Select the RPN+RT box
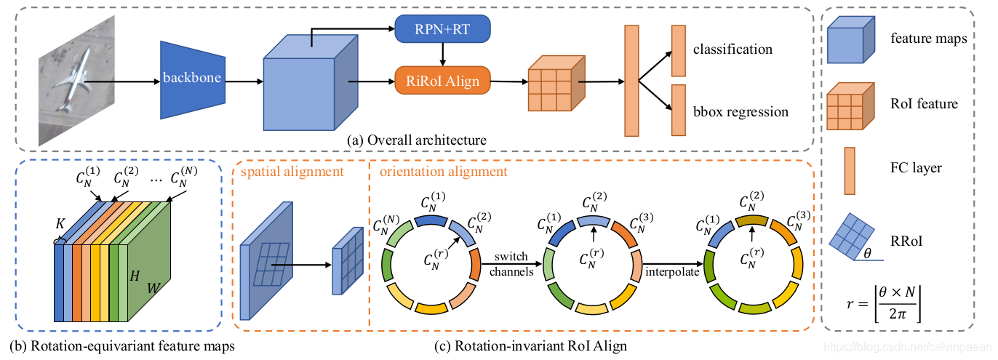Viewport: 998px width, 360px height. pos(442,30)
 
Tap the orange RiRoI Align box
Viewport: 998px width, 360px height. pos(442,79)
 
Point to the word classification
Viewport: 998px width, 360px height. pos(732,49)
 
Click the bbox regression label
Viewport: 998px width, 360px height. pos(740,112)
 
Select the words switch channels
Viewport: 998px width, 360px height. pos(514,264)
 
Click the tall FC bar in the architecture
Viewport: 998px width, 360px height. pos(631,79)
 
